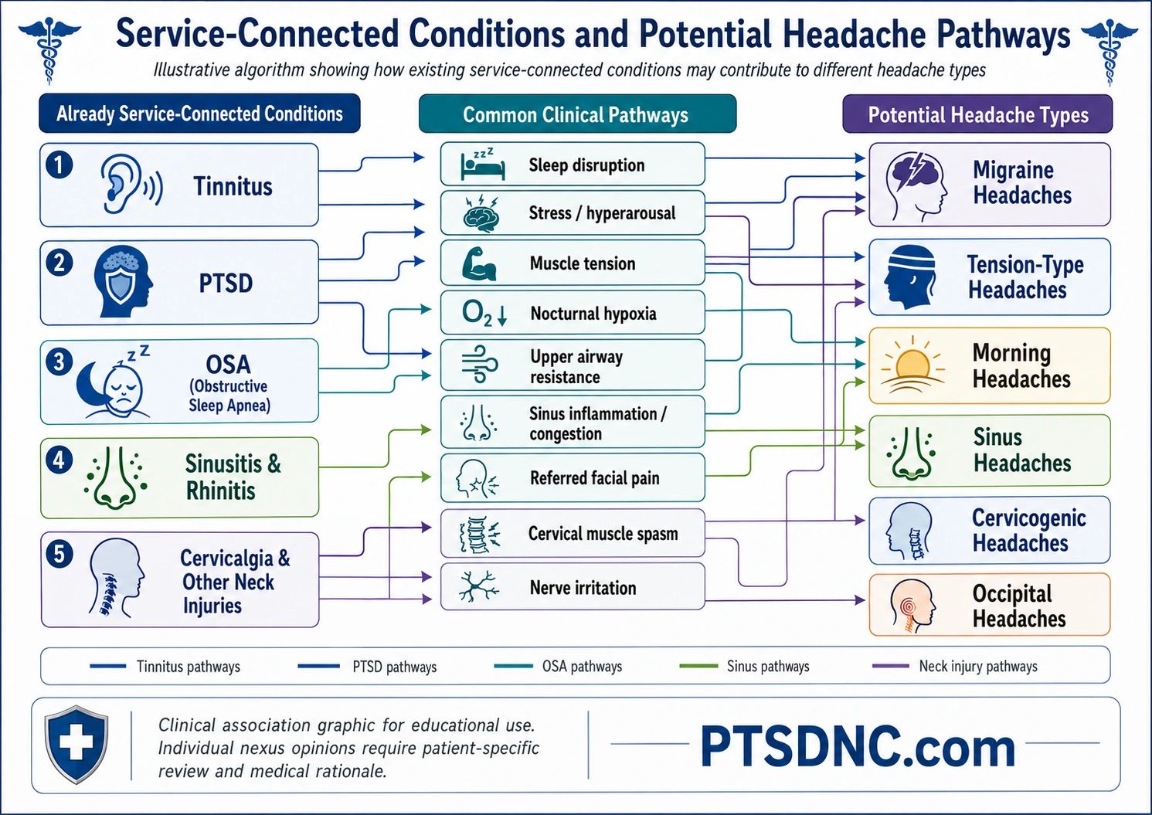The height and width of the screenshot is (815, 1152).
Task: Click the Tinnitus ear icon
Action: coord(131,185)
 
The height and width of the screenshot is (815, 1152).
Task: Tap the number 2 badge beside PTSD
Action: coord(59,263)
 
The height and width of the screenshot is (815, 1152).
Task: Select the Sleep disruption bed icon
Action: coord(482,164)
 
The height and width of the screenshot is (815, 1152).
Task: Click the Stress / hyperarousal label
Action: coord(602,213)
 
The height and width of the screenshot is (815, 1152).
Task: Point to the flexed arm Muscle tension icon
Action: coord(479,263)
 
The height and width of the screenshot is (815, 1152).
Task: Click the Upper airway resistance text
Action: coord(576,367)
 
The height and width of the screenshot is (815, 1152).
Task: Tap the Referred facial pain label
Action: coord(594,477)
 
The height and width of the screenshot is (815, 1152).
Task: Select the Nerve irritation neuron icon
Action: coord(478,586)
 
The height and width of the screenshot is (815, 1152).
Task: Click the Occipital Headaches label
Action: coord(1019,606)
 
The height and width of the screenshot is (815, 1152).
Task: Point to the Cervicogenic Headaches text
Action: coord(1028,530)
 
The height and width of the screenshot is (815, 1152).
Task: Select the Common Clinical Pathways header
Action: coord(577,114)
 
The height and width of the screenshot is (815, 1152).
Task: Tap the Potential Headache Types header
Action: coord(977,114)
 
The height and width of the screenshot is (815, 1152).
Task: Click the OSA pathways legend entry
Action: coord(558,667)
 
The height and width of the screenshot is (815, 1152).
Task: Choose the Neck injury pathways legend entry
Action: coord(955,667)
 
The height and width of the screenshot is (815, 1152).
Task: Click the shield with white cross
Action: coord(76,743)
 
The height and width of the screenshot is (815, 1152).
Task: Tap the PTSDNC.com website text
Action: coord(858,747)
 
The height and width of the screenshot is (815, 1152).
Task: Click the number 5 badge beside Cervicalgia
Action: coord(59,555)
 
